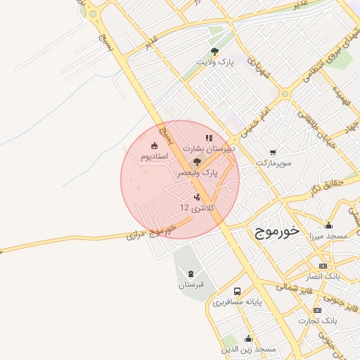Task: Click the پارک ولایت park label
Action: coord(214,63)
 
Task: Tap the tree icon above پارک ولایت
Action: coord(214,51)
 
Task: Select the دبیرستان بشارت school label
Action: coord(209,149)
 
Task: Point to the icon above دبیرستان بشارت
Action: coord(208,138)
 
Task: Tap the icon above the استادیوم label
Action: coord(154,146)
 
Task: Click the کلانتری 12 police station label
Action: coord(195,207)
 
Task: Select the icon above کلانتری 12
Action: coord(196,196)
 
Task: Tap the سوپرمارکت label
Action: coord(273,162)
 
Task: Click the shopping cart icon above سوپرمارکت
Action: coord(273,152)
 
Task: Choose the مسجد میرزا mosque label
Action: coord(328,236)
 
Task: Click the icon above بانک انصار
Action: coord(323,266)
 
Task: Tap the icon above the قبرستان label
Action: coord(190,273)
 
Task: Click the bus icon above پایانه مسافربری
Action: coord(237,291)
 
